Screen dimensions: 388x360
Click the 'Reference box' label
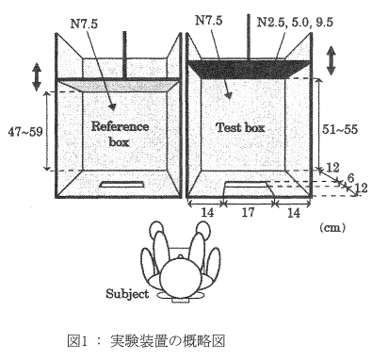(120, 134)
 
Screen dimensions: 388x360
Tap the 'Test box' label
(240, 127)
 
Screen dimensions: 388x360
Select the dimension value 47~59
(25, 132)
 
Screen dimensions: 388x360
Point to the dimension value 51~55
(340, 129)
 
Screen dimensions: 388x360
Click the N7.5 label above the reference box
(84, 24)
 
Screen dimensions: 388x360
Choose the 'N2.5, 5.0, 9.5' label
(295, 23)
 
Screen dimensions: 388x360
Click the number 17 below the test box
(248, 213)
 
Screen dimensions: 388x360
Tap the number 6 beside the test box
(350, 178)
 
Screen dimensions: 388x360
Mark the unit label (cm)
(332, 227)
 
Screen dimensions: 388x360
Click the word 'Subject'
(127, 294)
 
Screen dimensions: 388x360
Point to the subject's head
(180, 277)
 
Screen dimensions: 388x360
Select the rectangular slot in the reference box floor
(121, 185)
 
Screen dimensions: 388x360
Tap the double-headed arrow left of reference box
(37, 77)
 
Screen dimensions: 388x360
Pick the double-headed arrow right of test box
(331, 60)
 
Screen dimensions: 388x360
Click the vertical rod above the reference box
(124, 55)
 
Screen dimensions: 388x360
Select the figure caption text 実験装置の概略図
(168, 341)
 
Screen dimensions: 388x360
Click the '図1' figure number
(77, 341)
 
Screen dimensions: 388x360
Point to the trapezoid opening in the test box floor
(248, 189)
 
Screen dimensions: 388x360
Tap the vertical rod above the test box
(249, 37)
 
